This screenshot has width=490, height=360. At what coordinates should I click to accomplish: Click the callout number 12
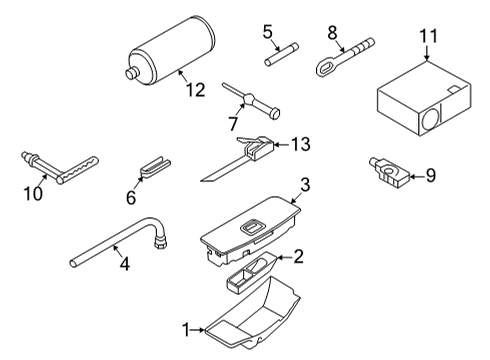click(x=195, y=90)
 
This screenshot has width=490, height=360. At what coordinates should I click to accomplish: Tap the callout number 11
click(x=428, y=36)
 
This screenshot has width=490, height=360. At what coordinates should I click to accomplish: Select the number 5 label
click(x=267, y=32)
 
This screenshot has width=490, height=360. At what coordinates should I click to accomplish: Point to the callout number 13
click(x=301, y=144)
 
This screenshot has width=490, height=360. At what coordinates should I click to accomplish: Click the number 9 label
click(x=431, y=175)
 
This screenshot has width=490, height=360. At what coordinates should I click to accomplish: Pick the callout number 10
click(x=33, y=194)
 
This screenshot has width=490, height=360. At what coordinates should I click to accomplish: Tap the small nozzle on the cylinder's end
click(x=132, y=73)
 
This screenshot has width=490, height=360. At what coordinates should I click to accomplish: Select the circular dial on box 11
click(x=430, y=119)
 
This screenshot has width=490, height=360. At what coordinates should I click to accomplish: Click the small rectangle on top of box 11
click(x=453, y=89)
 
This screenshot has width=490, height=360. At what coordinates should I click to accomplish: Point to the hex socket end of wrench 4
click(x=160, y=241)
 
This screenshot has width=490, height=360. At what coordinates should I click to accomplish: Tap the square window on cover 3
click(x=251, y=227)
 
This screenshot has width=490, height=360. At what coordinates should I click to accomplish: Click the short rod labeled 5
click(x=281, y=54)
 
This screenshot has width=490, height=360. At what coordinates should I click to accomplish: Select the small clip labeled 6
click(x=154, y=167)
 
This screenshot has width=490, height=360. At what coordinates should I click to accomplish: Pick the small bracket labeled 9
click(x=389, y=172)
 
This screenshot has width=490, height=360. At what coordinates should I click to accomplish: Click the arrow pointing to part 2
click(x=283, y=257)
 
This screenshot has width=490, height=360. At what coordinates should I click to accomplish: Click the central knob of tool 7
click(x=249, y=99)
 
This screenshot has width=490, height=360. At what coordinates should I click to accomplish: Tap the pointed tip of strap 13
click(x=202, y=181)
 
